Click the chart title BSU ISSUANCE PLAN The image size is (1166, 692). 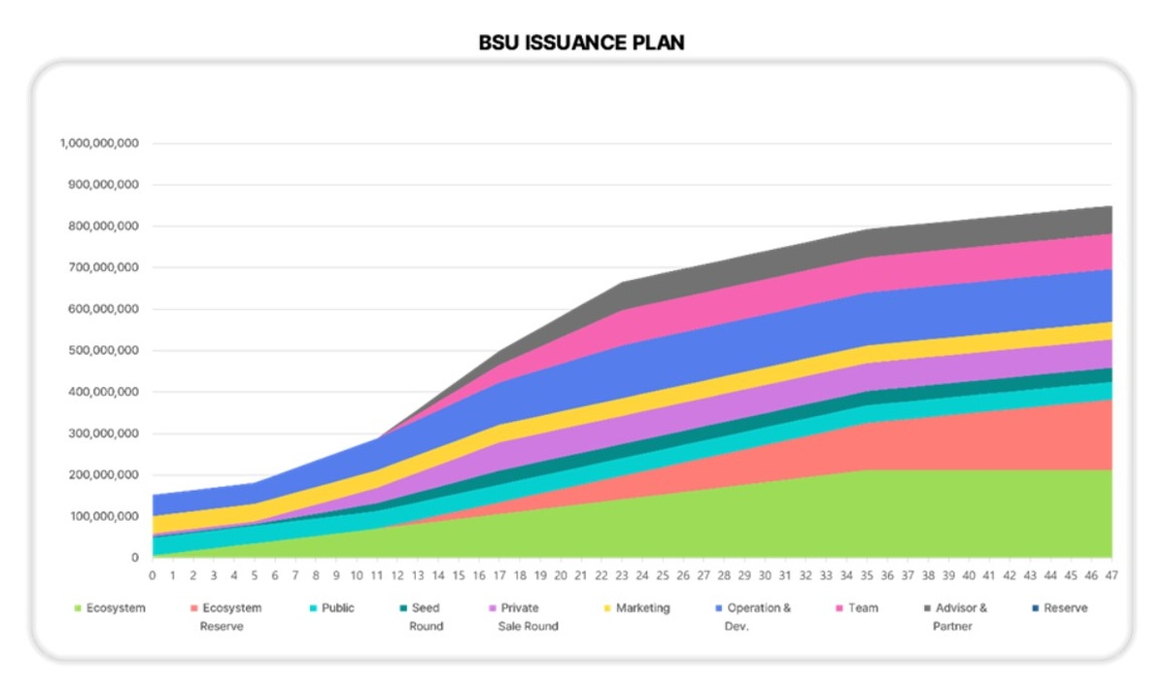581,43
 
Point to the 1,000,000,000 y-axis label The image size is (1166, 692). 99,143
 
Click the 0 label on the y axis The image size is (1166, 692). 135,559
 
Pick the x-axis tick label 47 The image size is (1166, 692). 1112,575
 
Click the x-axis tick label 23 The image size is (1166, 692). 622,575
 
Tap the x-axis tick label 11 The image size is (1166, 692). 377,575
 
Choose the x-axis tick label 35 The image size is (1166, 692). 867,575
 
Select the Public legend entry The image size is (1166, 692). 337,608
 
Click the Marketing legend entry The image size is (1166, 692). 642,608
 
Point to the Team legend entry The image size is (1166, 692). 862,608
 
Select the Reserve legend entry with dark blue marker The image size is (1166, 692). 1066,608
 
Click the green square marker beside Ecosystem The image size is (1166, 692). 78,609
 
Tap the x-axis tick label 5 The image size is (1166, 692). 255,575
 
